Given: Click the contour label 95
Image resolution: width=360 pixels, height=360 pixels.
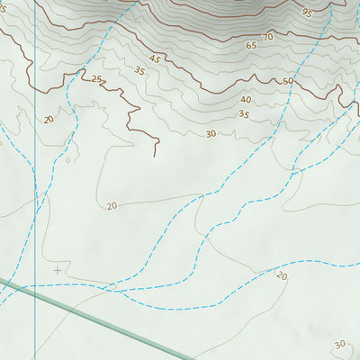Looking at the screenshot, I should tap(307, 13).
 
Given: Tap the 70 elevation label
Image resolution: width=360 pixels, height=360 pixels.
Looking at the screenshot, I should tap(267, 37).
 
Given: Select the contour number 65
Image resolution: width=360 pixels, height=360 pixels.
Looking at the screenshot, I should tap(250, 45).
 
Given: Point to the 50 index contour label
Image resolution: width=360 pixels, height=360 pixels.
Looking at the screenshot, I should tap(288, 82).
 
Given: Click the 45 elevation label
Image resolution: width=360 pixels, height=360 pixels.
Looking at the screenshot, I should tap(155, 59).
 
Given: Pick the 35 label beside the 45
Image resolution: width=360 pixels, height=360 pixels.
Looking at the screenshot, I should tap(139, 70).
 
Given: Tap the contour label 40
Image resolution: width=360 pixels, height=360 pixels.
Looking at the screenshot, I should tap(246, 100).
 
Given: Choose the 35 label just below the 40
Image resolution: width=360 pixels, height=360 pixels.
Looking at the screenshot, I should tap(243, 114).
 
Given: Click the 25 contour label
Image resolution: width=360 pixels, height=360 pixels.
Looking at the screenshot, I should tap(96, 79).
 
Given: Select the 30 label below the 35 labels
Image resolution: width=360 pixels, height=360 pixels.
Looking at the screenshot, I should tap(211, 134).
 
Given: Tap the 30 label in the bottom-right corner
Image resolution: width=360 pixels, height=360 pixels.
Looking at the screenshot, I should tap(339, 344).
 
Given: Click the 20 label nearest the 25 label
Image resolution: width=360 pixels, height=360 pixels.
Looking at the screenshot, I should tap(48, 119).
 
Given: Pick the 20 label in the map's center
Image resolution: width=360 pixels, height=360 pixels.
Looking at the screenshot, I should tap(112, 206).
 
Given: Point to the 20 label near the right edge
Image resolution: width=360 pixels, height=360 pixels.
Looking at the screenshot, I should tap(282, 275).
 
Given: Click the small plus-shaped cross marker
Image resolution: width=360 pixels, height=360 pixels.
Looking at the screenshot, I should tap(58, 269).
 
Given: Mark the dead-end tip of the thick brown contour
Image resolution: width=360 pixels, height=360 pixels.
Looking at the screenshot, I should tap(155, 156).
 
